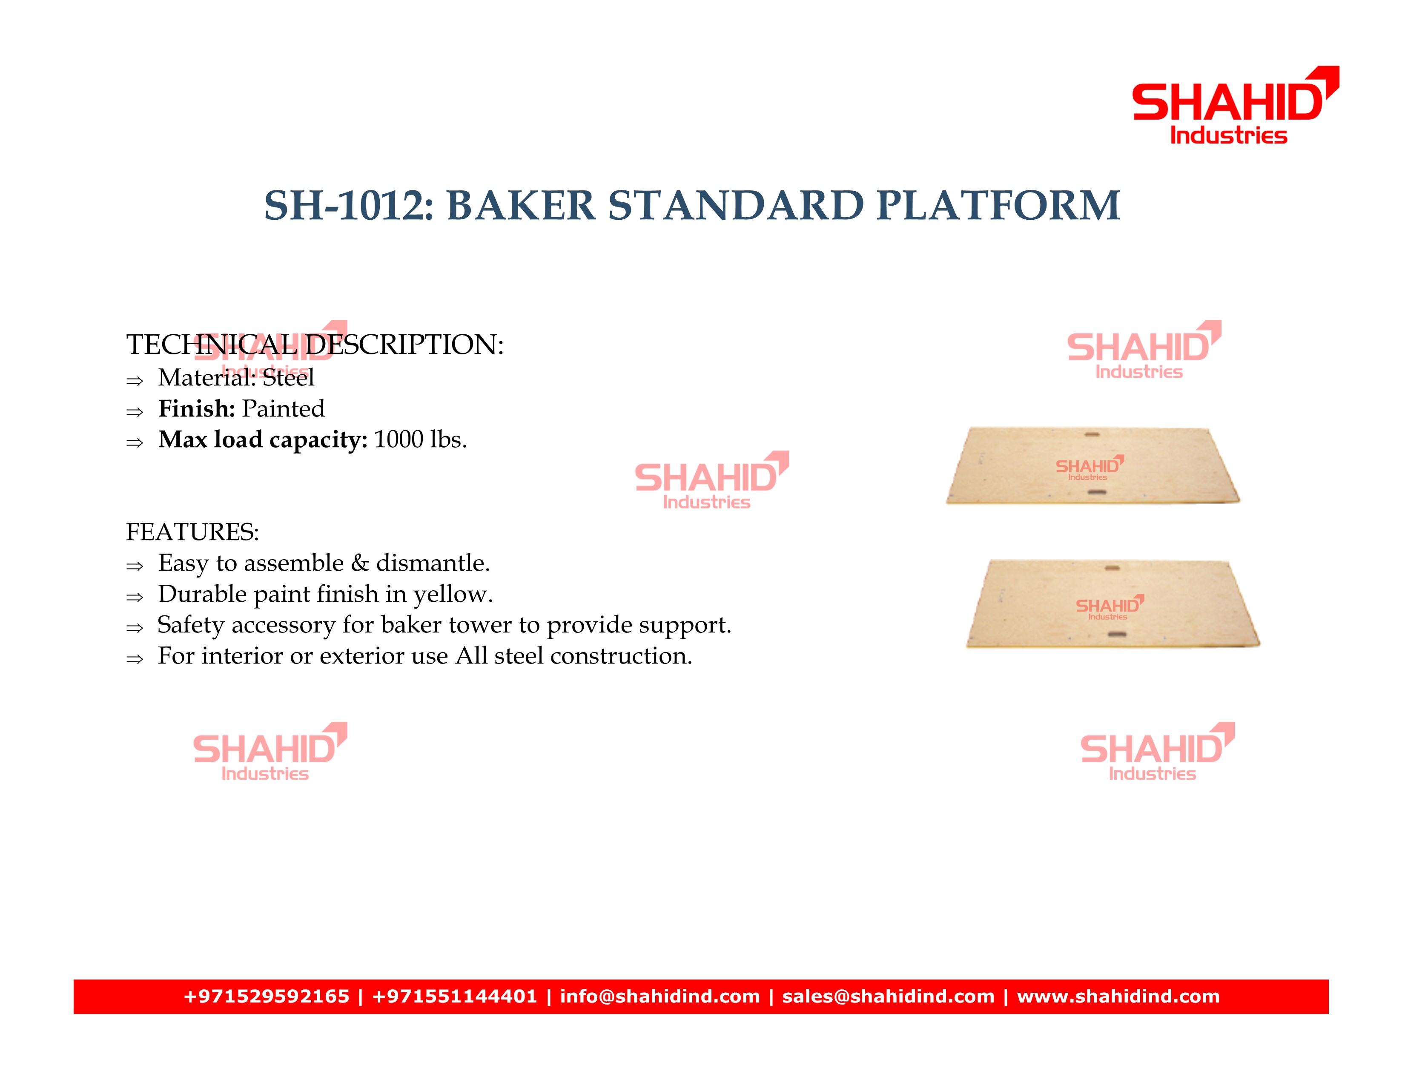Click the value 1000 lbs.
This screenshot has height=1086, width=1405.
pos(420,440)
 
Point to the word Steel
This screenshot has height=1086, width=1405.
pos(288,378)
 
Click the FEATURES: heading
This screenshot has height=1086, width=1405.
pos(192,532)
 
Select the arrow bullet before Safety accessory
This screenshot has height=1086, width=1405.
pos(135,628)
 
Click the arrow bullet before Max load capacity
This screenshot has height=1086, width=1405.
pos(135,442)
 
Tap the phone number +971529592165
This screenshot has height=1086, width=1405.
pos(267,997)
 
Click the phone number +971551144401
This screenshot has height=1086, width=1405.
pos(454,997)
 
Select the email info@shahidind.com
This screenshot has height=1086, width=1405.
pos(660,997)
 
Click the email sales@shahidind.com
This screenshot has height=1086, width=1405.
pos(889,997)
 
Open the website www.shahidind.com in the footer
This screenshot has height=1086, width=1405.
pos(1118,997)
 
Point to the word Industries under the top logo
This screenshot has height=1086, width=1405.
pos(1229,136)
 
